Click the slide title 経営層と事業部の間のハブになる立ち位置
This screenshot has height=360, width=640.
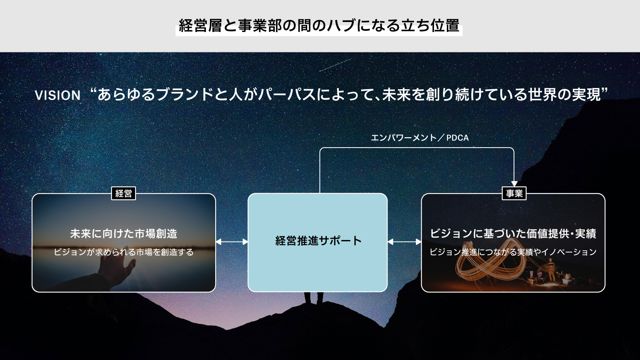[x=319, y=26]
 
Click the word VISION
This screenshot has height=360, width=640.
[x=58, y=96]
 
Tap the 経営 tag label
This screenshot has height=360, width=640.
[x=124, y=194]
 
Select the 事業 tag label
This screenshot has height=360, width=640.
[x=514, y=194]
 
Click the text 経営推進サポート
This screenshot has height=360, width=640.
[x=318, y=240]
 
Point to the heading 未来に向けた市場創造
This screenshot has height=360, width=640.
[x=124, y=234]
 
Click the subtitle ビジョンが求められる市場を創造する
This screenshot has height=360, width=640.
[x=124, y=252]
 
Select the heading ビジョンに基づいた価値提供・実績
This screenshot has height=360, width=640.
[x=513, y=234]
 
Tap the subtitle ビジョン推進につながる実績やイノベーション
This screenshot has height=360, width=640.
[x=513, y=252]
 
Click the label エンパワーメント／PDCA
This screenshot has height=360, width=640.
[x=420, y=138]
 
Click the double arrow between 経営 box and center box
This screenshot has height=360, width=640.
[x=232, y=242]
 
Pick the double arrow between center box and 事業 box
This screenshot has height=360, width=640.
[x=404, y=242]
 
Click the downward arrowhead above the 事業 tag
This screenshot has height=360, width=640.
[x=514, y=184]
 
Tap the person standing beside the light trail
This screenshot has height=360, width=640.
[x=550, y=270]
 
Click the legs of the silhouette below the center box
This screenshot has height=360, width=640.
[x=314, y=298]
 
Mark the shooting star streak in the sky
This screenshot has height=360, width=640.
[x=336, y=65]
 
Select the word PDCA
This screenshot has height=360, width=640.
[x=458, y=138]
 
